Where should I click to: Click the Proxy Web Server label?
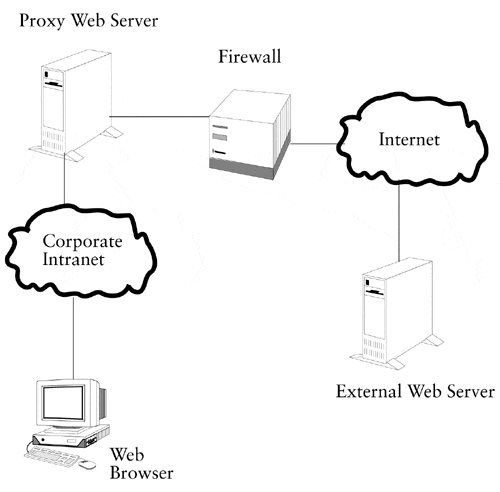pos(89,21)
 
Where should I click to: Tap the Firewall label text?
pos(250,56)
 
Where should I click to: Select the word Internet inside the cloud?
pos(409,139)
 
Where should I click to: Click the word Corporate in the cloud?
pos(82,242)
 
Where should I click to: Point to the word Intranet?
pos(73,260)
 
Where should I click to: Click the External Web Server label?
pos(415,391)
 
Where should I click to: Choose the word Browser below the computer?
pos(142,473)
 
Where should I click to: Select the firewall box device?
pos(250,134)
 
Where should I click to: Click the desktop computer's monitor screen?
pos(63,403)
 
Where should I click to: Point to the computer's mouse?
pos(87,464)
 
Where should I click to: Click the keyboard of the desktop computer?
pos(52,456)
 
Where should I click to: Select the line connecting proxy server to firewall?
pos(160,117)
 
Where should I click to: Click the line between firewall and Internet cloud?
pos(314,144)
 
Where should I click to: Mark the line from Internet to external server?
pos(399,221)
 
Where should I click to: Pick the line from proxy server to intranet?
pos(65,179)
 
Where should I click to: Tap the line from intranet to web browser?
pos(73,337)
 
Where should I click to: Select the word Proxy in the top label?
pos(42,22)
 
